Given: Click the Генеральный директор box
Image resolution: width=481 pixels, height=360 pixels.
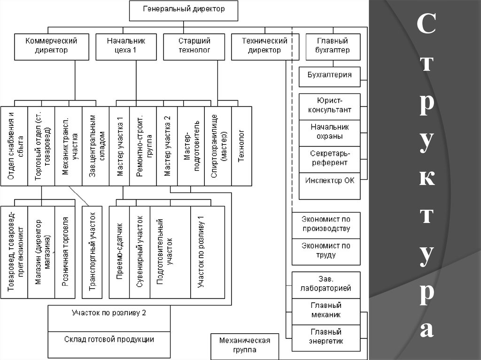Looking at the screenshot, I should (184, 10).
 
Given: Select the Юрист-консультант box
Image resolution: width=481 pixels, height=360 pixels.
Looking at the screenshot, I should (329, 107).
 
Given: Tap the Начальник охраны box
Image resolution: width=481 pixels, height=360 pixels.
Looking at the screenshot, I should (329, 133).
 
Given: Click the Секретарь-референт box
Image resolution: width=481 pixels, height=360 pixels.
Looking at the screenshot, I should (329, 159).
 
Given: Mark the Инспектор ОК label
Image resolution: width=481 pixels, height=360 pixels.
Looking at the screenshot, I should (329, 180).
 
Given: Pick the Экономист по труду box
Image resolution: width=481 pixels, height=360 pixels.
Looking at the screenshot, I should (326, 251).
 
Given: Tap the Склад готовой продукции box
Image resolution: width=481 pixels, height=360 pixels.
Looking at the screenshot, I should (109, 340).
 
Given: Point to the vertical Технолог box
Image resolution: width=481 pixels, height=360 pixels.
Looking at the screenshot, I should (241, 146).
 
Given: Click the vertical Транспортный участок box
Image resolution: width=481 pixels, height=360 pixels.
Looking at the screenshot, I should (92, 252).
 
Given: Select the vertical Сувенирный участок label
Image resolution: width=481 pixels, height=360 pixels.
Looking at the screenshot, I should (140, 252).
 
